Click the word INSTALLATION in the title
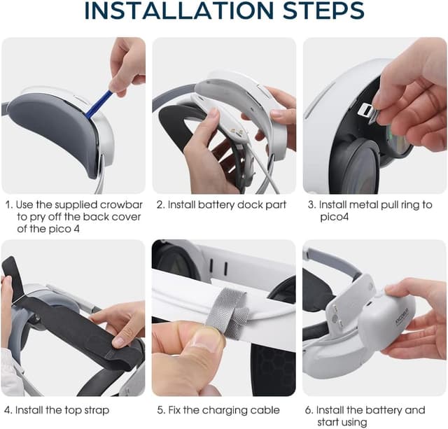(179, 10)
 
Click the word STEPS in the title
(323, 10)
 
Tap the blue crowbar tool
(98, 104)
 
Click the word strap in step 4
(97, 410)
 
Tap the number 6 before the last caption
(308, 410)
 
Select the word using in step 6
(353, 423)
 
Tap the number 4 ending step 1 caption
(76, 229)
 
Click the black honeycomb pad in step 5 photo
(272, 368)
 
